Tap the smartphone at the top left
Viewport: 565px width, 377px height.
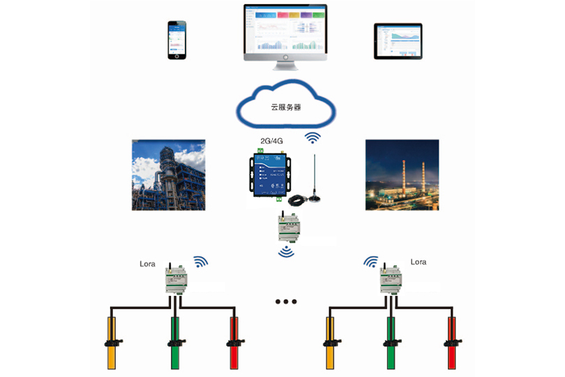178,40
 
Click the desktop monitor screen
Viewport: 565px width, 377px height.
285,29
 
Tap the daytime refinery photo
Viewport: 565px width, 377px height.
169,175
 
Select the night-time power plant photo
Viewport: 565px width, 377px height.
402,175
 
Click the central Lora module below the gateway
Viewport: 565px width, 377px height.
287,226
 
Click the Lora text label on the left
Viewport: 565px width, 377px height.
148,263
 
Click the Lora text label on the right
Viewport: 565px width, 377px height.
419,262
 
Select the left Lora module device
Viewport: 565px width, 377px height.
174,281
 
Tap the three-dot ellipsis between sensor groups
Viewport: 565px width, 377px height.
286,302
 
